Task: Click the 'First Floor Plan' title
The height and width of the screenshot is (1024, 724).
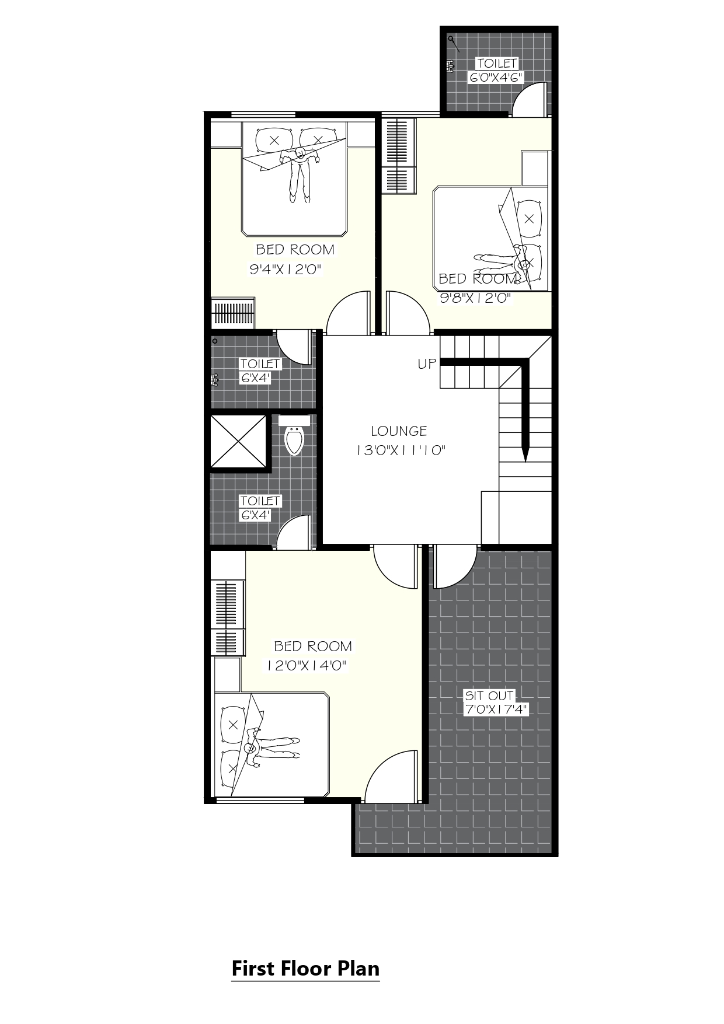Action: point(305,969)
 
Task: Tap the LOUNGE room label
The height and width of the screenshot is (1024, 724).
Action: point(399,431)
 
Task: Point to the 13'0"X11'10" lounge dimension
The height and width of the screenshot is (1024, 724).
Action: point(401,450)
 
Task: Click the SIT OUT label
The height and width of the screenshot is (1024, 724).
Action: point(489,696)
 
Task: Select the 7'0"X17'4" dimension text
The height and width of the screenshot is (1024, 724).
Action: point(496,710)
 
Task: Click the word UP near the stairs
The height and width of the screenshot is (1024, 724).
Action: point(427,364)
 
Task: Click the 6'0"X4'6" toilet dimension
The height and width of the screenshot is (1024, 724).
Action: point(496,77)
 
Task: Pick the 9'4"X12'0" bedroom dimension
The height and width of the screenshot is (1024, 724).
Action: point(286,270)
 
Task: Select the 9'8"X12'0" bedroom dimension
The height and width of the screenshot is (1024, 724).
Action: point(475,299)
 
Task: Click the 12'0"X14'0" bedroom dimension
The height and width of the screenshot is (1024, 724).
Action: point(307,665)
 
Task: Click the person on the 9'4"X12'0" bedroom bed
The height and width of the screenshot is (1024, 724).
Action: point(300,174)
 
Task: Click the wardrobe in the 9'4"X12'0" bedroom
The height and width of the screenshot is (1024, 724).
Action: point(233,313)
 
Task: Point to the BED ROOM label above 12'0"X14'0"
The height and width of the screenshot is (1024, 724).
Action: point(313,646)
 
